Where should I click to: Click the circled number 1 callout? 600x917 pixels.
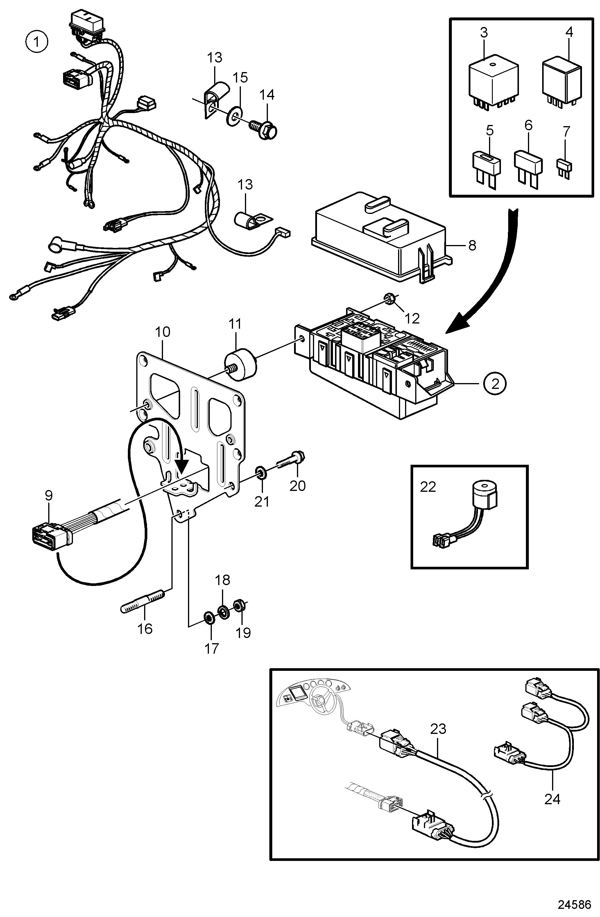[37, 42]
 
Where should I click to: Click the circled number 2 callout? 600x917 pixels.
[495, 383]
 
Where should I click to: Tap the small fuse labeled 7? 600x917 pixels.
[565, 169]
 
